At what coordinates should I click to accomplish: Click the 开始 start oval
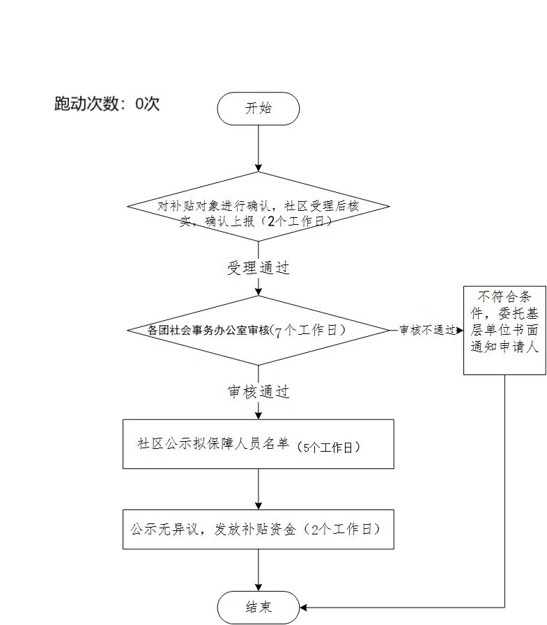pos(258,109)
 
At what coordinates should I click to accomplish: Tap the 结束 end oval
pos(258,608)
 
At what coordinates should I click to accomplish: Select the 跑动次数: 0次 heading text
pos(107,104)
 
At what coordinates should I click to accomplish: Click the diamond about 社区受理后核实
pos(258,207)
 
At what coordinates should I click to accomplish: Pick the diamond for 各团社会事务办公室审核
pos(258,330)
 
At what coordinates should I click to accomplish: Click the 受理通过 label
pos(258,268)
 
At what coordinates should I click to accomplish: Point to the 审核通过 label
pos(258,392)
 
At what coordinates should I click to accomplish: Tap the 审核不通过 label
pos(427,330)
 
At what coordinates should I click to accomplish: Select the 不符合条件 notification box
pos(504,331)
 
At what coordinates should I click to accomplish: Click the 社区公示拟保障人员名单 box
pos(258,444)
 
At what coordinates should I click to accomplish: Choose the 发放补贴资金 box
pos(258,530)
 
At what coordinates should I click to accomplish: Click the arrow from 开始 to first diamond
pos(258,148)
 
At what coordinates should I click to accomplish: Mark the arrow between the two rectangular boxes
pos(258,489)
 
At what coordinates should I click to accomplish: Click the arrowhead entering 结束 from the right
pos(303,608)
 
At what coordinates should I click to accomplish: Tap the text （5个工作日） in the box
pos(328,448)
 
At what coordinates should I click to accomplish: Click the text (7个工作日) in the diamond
pos(308,331)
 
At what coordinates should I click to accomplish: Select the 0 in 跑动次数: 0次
pos(139,104)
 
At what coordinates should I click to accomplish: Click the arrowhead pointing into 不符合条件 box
pos(460,330)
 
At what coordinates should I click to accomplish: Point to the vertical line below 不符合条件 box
pos(504,491)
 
